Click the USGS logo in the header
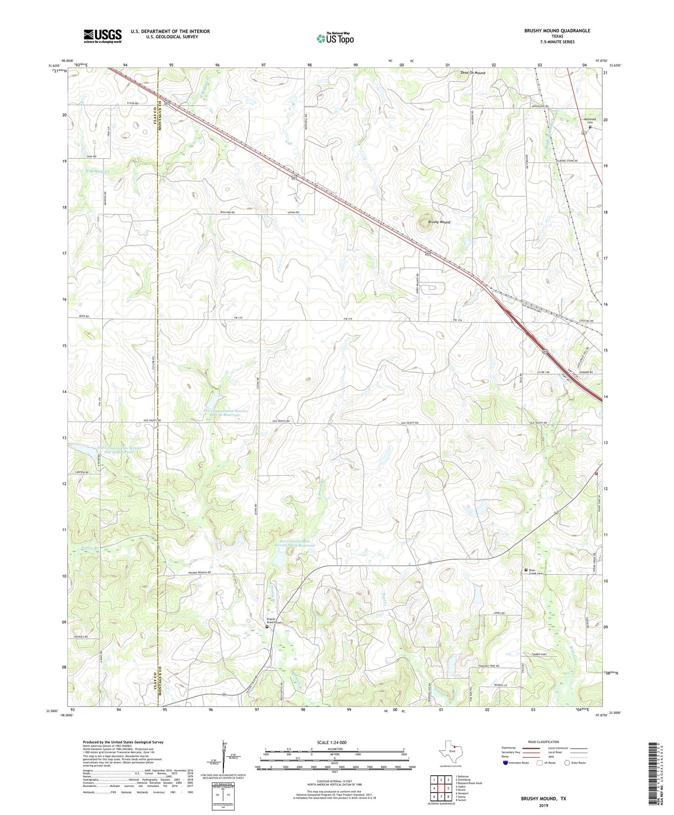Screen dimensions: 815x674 [x=102, y=36]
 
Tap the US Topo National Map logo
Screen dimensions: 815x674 [x=335, y=38]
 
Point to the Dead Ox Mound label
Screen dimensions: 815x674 [x=472, y=73]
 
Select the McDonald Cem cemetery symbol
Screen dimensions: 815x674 [x=590, y=127]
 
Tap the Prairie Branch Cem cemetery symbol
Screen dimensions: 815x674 [x=267, y=627]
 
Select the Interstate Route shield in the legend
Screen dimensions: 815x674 [x=506, y=763]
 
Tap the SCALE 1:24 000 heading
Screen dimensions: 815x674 [x=332, y=742]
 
